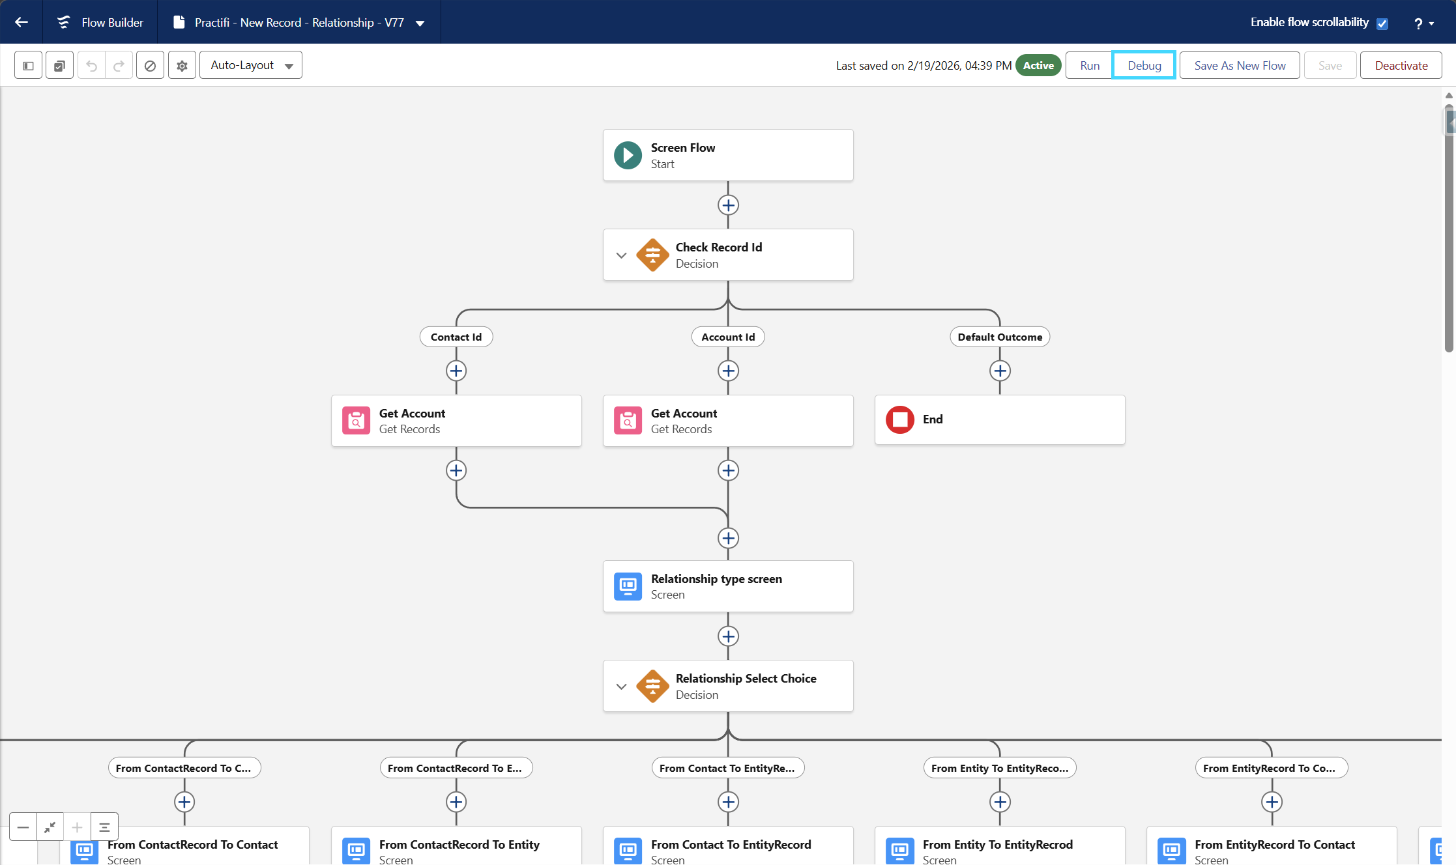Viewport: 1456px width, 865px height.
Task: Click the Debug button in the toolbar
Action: (1144, 65)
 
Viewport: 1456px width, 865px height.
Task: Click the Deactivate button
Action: (1401, 65)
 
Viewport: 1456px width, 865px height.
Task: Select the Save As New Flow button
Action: (1240, 65)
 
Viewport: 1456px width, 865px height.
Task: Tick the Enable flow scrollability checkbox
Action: (1382, 23)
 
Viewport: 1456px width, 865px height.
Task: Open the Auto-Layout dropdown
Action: (251, 65)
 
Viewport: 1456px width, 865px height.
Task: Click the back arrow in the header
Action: (22, 22)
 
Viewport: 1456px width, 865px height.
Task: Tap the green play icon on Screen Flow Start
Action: (628, 155)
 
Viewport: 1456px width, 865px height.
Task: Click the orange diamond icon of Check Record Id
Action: (652, 255)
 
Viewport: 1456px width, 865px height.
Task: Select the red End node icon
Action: (900, 419)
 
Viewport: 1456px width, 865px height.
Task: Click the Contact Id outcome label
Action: (456, 337)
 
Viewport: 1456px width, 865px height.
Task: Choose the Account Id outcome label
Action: (728, 337)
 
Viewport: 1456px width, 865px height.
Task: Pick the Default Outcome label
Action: (1000, 337)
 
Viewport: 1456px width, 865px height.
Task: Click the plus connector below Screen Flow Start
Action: (728, 205)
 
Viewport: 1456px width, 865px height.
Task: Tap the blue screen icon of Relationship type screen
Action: (628, 586)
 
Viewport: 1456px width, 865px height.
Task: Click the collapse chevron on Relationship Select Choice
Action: (622, 687)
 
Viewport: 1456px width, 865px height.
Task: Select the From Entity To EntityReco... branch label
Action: (1000, 768)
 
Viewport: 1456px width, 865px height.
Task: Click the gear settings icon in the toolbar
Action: (182, 65)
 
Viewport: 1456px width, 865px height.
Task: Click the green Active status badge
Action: (1038, 65)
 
